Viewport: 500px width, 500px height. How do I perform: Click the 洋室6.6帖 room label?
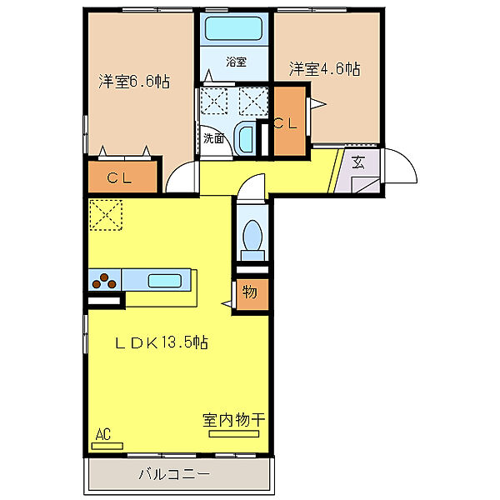pos(134,82)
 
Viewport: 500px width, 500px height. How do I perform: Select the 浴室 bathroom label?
pos(236,62)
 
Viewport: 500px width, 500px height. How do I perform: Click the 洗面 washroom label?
pos(214,138)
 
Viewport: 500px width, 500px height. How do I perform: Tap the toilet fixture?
pos(252,235)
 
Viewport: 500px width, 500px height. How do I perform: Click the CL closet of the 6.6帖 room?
pos(123,177)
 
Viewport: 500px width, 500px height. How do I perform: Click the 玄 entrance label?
pos(358,162)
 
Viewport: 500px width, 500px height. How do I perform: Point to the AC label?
pos(103,434)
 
